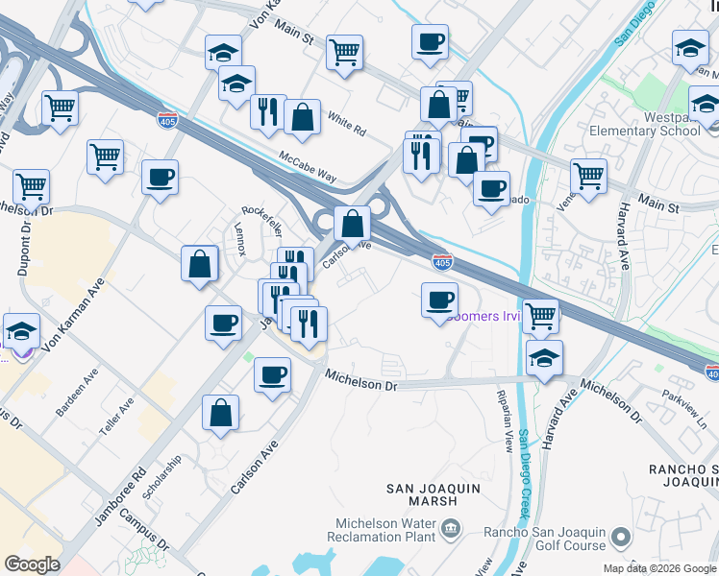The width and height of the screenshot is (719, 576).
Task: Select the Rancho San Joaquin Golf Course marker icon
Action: pyautogui.click(x=622, y=537)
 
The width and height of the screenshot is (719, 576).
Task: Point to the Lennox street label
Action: pyautogui.click(x=240, y=238)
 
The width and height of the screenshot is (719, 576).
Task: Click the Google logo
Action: pyautogui.click(x=33, y=564)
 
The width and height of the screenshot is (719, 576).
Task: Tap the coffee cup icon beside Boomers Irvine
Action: pyautogui.click(x=439, y=300)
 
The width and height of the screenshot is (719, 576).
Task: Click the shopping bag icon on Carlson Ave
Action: pyautogui.click(x=353, y=224)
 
